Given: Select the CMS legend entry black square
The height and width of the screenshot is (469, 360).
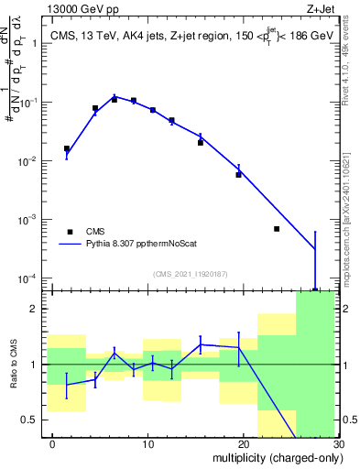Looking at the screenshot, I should pos(70,232).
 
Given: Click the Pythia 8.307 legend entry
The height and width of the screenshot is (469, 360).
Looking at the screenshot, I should pos(136,245).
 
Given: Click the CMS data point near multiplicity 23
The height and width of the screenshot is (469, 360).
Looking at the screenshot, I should pos(277,229).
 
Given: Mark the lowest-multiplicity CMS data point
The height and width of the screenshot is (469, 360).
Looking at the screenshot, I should pos(67,148).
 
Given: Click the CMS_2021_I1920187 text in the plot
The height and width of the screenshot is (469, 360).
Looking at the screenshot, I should pos(190,273).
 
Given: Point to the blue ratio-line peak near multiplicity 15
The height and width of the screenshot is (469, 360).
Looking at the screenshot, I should pos(201,344).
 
